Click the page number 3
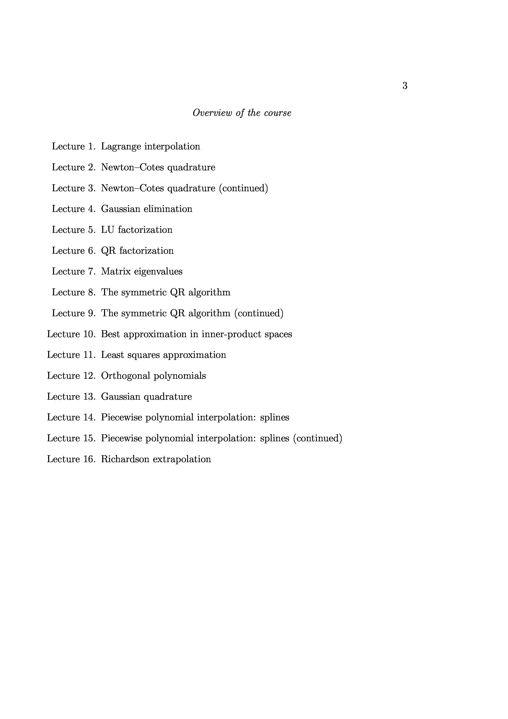(405, 85)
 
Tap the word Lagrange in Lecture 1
(121, 147)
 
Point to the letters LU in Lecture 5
(108, 230)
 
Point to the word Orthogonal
(126, 376)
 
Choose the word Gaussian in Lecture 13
(120, 397)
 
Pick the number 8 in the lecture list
(91, 292)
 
